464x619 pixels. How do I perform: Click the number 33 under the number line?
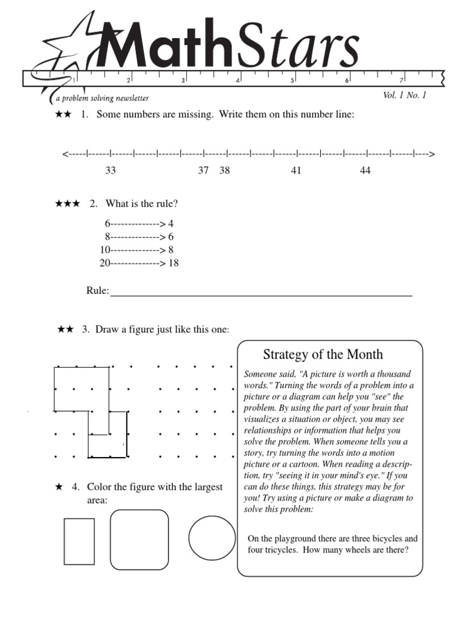[111, 171]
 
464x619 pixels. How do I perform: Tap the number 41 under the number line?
[296, 171]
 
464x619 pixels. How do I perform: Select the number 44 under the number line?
[365, 171]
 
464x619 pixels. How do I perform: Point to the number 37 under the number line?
[204, 171]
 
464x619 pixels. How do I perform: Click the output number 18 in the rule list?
[173, 263]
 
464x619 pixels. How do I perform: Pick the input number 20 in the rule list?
[105, 263]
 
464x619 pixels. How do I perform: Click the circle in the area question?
[212, 538]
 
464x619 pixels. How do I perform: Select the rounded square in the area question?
[139, 539]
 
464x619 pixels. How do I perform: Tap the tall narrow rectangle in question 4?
[79, 541]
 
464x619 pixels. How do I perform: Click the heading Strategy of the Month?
[323, 355]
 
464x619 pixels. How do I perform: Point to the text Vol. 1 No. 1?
[404, 96]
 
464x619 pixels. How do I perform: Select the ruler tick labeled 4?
[238, 80]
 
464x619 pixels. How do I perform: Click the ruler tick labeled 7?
[401, 80]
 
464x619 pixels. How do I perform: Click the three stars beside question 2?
[68, 204]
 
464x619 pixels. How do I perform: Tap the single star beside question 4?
[59, 487]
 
